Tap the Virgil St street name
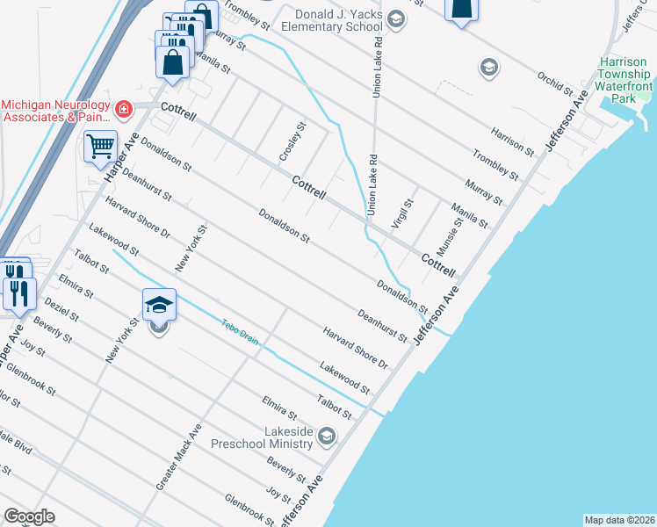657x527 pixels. coord(403,213)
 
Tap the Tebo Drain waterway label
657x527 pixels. coord(240,330)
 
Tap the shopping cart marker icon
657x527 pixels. coord(101,146)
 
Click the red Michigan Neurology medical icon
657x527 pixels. coord(124,109)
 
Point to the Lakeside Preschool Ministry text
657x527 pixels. coord(264,437)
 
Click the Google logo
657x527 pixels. coord(29,516)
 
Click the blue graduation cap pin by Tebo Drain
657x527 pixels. coord(159,305)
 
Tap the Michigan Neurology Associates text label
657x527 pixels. coord(56,110)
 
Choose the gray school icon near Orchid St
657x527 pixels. coord(488,68)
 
